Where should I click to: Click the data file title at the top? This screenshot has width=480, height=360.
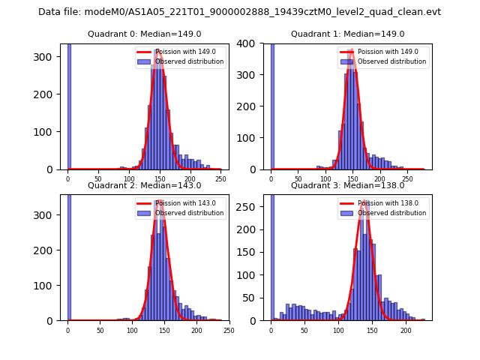(239, 12)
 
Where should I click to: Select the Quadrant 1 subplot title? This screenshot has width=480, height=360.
(347, 34)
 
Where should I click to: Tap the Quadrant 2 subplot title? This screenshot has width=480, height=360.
(144, 185)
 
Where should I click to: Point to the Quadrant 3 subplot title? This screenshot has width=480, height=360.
(347, 185)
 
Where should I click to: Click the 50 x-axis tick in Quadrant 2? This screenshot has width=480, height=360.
(100, 330)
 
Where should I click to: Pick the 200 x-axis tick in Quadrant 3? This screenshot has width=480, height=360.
(406, 330)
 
